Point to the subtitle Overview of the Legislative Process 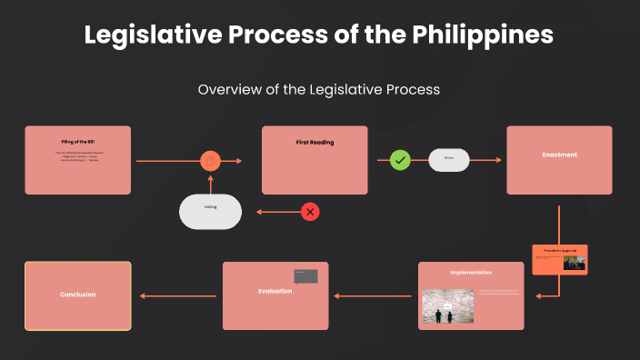pyautogui.click(x=319, y=89)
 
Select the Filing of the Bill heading pyautogui.click(x=77, y=143)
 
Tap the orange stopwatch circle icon pyautogui.click(x=211, y=161)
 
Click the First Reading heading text pyautogui.click(x=315, y=143)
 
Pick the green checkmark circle pyautogui.click(x=400, y=161)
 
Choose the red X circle pyautogui.click(x=311, y=212)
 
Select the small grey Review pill pyautogui.click(x=449, y=160)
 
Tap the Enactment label pyautogui.click(x=559, y=155)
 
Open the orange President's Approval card pyautogui.click(x=559, y=259)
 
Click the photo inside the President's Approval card pyautogui.click(x=574, y=263)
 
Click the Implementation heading pyautogui.click(x=471, y=272)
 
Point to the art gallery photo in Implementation pyautogui.click(x=448, y=306)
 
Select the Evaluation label pyautogui.click(x=275, y=291)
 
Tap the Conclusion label pyautogui.click(x=77, y=295)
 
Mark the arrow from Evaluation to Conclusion pyautogui.click(x=178, y=295)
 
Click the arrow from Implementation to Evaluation pyautogui.click(x=374, y=295)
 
